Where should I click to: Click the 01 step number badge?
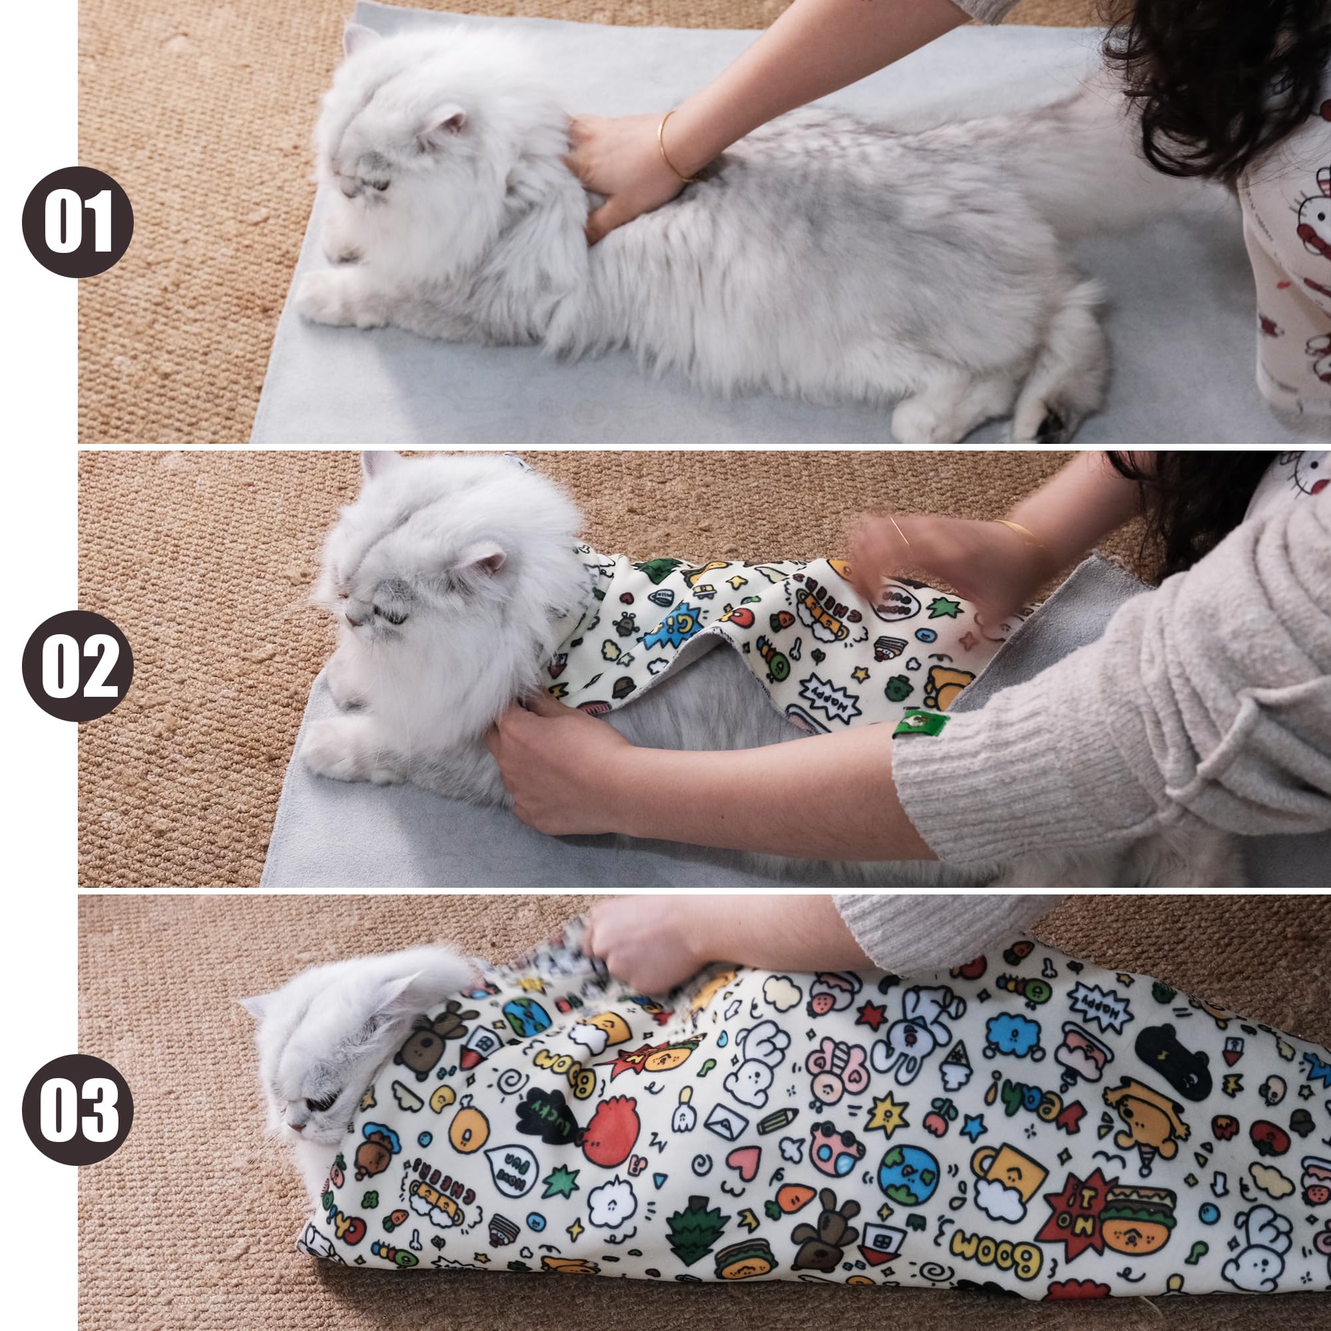(77, 222)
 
